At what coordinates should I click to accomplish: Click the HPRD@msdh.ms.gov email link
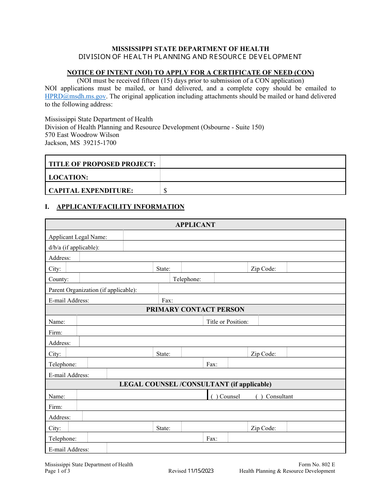tap(75, 96)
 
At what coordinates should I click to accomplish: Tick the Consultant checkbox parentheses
tap(259, 396)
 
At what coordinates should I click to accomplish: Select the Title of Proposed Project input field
tap(253, 162)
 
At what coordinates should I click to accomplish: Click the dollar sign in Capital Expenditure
tap(165, 191)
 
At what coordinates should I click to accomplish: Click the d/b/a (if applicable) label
tap(74, 247)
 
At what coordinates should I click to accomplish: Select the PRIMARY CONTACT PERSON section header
tap(195, 310)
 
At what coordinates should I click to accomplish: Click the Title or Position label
tap(227, 322)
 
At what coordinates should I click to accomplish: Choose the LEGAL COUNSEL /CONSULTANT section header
tap(195, 384)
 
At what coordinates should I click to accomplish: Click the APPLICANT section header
tap(195, 225)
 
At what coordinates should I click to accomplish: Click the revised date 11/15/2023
tap(201, 471)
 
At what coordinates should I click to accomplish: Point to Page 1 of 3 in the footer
tap(57, 471)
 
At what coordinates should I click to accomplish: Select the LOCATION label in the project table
tap(68, 178)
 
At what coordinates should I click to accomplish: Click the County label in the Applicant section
tap(59, 279)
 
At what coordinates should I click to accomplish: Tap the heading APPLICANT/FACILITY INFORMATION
tap(120, 207)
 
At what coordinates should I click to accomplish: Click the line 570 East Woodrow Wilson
tap(82, 135)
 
